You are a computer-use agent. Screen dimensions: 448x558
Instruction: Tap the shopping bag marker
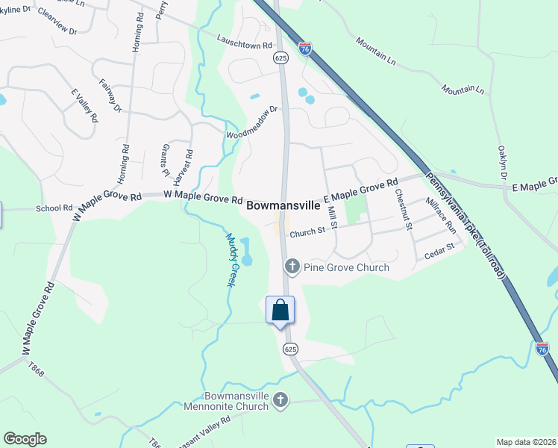pos(280,310)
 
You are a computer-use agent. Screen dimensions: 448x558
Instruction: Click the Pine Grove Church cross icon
pos(292,267)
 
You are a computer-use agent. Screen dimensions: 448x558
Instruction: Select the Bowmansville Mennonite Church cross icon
pos(280,399)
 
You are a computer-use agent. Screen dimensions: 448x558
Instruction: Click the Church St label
pos(308,232)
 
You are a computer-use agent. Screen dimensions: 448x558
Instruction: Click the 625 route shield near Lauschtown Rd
pos(280,57)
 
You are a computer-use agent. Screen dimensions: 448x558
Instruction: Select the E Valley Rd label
pos(84,105)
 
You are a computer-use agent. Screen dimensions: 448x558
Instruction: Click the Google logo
pos(25,439)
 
